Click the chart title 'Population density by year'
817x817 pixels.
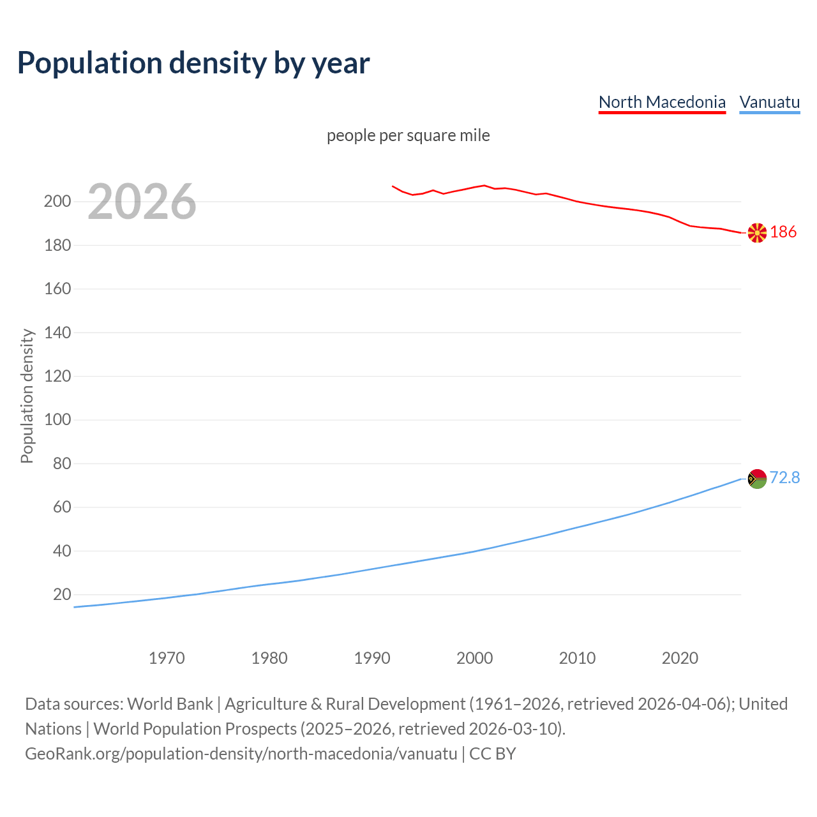193,63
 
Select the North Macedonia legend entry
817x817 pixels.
662,102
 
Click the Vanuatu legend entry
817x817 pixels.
769,102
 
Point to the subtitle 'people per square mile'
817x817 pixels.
408,135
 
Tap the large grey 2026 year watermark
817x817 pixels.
142,202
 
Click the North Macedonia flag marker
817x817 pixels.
757,233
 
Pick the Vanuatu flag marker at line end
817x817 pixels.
757,478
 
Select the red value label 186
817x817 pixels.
783,232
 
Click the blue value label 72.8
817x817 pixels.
784,477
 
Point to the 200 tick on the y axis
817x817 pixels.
57,202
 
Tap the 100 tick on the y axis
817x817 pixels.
57,420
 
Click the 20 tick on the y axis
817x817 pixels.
62,594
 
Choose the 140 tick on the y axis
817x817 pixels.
57,333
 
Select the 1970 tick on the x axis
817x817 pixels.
167,658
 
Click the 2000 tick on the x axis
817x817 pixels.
474,658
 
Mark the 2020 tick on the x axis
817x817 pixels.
680,658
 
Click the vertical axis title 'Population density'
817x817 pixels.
27,396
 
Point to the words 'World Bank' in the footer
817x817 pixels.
170,704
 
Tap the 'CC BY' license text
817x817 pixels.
492,754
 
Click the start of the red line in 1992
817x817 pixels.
393,186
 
